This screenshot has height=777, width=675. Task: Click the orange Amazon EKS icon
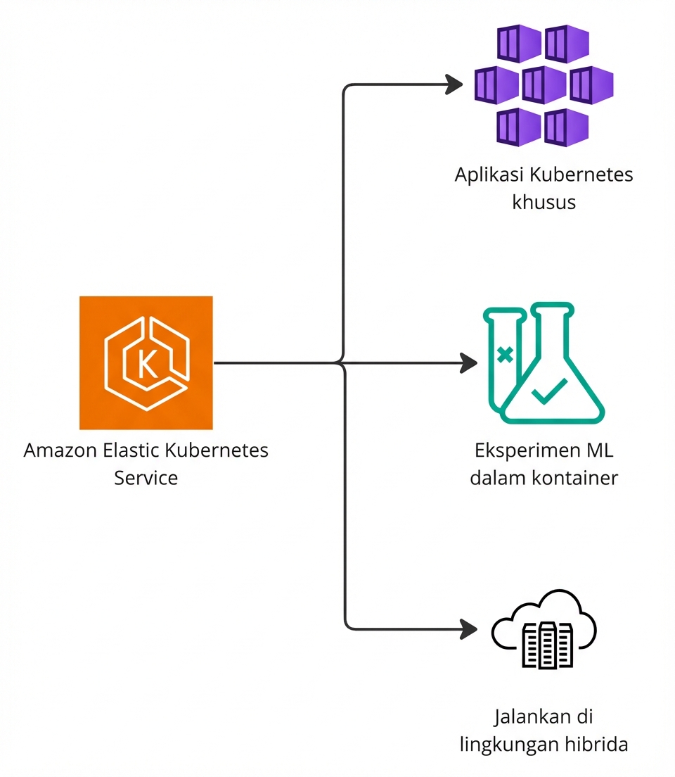[x=146, y=362]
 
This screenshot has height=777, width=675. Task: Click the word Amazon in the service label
[x=58, y=450]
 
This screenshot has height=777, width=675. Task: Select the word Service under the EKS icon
[x=146, y=478]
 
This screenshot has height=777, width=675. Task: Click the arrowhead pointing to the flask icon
[x=467, y=363]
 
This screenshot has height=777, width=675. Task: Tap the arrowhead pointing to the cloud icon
[x=467, y=628]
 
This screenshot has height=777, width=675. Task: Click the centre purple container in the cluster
[x=544, y=85]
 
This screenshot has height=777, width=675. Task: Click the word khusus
[x=544, y=203]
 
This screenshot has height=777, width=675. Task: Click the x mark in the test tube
[x=504, y=354]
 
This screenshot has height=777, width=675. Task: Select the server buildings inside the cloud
[x=543, y=643]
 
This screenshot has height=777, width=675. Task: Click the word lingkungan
[x=506, y=745]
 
